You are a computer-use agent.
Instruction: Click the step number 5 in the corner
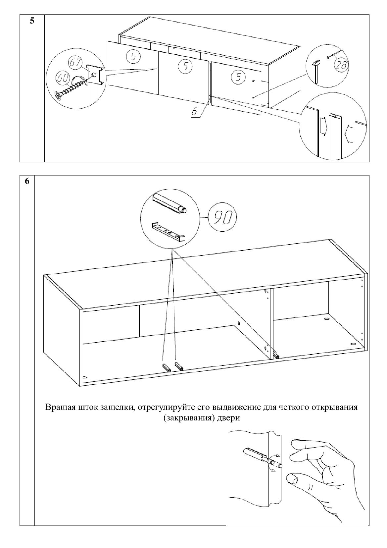[32, 21]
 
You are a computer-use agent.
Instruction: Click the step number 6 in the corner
[27, 181]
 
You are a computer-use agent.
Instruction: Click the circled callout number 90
[222, 217]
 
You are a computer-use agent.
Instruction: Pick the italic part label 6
[194, 112]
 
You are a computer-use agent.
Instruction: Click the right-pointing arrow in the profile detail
[322, 126]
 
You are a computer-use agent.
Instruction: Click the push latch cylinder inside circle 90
[169, 204]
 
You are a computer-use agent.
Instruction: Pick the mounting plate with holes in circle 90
[169, 232]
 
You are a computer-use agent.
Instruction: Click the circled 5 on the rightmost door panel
[238, 77]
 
